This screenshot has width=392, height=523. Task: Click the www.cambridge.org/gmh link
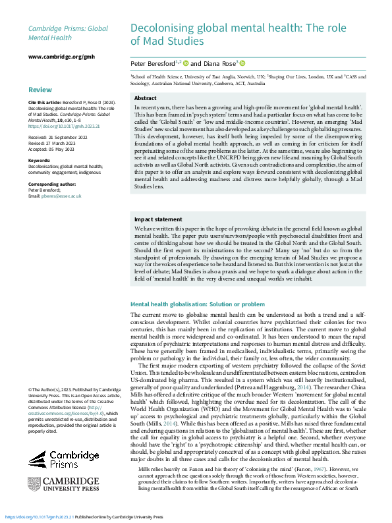tap(59, 58)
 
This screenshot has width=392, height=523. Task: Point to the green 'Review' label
tap(40, 90)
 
